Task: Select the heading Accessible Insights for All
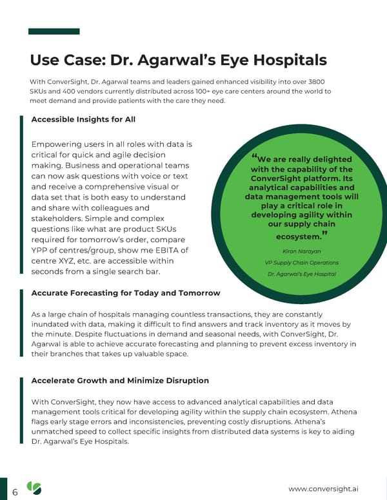point(83,119)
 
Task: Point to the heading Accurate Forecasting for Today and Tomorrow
point(126,293)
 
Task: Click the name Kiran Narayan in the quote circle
point(301,251)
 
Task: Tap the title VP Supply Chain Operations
point(301,262)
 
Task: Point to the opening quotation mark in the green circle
point(255,157)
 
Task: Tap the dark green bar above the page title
point(55,31)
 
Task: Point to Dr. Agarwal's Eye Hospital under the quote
point(301,274)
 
